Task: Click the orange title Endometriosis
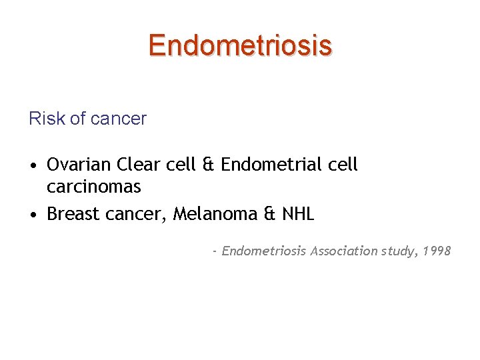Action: point(240,45)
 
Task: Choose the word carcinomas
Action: point(94,187)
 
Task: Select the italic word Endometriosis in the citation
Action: point(264,251)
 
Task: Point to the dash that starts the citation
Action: point(215,252)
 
